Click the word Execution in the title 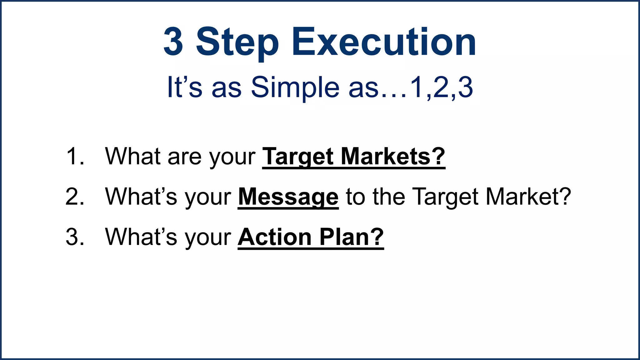point(384,42)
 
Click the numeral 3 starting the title point(173,42)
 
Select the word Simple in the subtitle point(295,87)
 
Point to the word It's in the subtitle point(184,87)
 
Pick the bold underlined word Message point(288,197)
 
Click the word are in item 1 point(184,157)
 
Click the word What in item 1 point(133,156)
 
